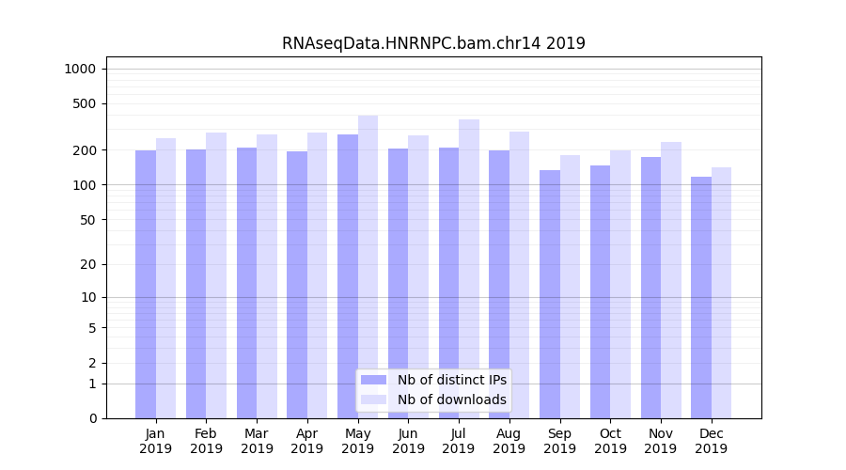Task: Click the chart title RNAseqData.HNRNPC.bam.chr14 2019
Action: tap(433, 43)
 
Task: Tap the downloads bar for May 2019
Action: tap(368, 267)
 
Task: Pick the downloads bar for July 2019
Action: tap(469, 269)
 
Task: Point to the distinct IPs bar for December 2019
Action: tap(701, 297)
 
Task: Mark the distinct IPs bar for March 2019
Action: tap(246, 283)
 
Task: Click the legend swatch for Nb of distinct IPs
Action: tap(373, 380)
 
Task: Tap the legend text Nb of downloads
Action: tap(451, 399)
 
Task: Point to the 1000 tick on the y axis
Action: tap(80, 69)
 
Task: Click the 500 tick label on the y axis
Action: tap(84, 103)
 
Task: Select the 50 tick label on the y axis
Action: tap(87, 220)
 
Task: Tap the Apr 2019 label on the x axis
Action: tap(307, 441)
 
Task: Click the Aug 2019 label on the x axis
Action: tap(509, 441)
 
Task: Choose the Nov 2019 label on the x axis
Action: tap(661, 441)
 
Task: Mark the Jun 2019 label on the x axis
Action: tap(408, 441)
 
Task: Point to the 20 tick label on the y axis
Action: tap(87, 264)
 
